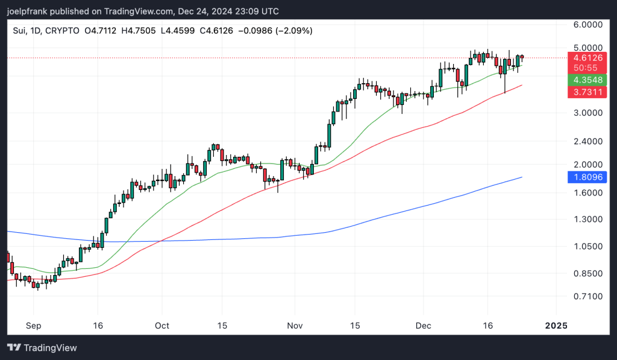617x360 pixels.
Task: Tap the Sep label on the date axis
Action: point(33,326)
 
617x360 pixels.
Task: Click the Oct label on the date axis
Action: point(162,326)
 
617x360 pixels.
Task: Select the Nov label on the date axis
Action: point(295,326)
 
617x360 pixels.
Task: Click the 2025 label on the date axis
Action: point(556,326)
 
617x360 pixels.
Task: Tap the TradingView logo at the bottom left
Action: point(42,348)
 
